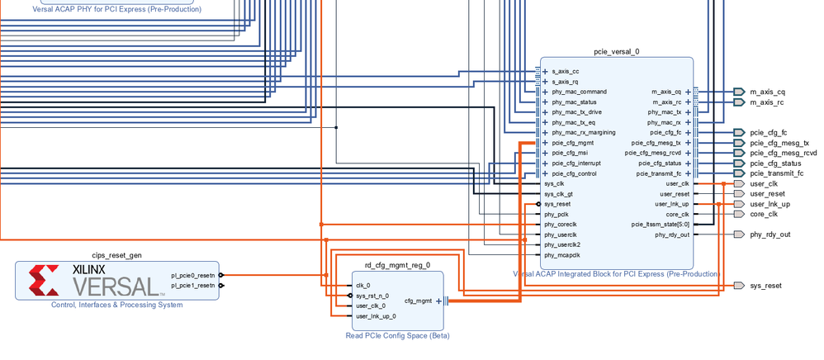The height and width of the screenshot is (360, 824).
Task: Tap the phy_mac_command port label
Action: [x=579, y=92]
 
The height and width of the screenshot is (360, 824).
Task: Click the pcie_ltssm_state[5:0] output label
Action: [x=661, y=224]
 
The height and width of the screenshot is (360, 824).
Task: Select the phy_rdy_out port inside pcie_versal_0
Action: [x=672, y=234]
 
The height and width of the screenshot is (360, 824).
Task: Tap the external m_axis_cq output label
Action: [x=767, y=92]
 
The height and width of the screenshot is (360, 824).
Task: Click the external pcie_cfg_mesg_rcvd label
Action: [x=783, y=153]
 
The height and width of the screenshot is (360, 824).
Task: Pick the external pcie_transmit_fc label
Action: [x=776, y=173]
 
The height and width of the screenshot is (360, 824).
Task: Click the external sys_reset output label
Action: [x=765, y=286]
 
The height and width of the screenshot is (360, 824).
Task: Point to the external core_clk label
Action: [x=764, y=214]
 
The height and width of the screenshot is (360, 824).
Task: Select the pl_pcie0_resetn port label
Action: [x=192, y=275]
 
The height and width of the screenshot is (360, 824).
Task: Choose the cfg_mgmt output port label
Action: [x=418, y=301]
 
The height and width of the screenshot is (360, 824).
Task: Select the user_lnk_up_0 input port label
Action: [x=376, y=316]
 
